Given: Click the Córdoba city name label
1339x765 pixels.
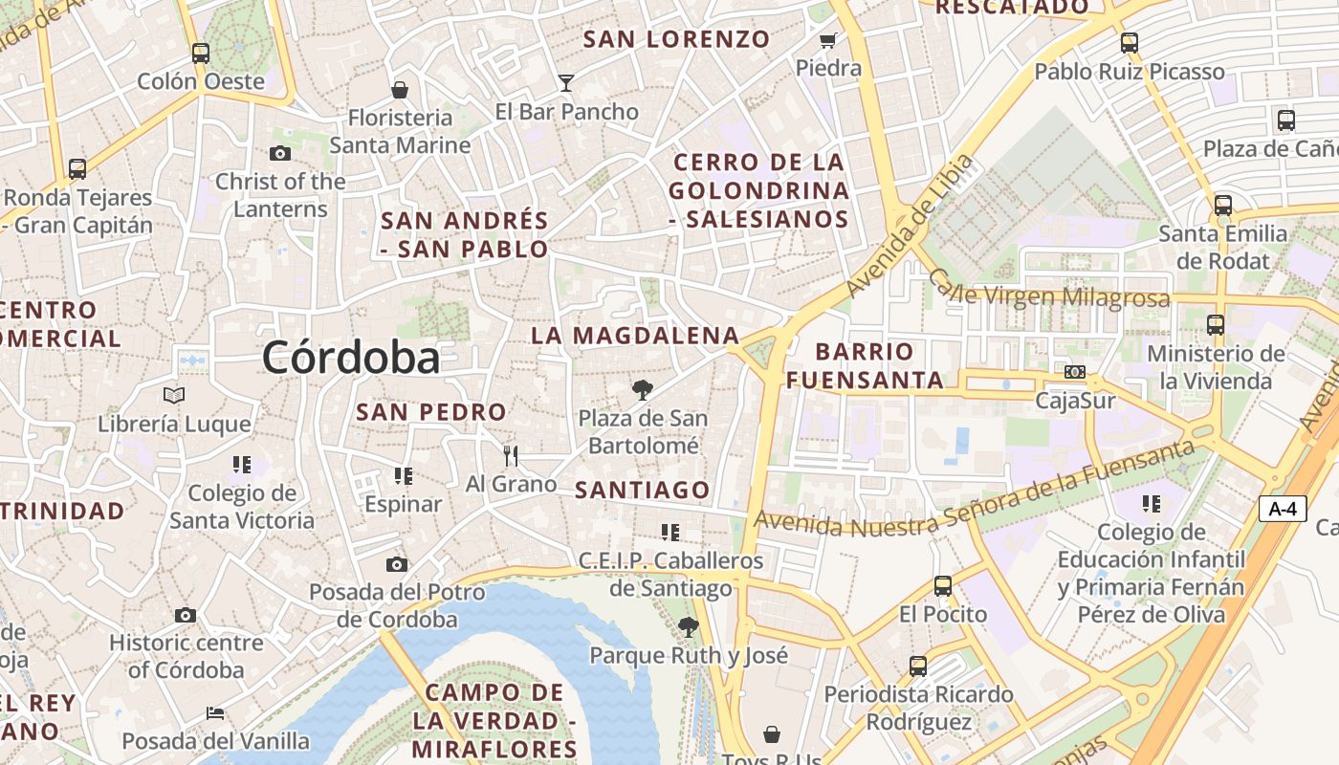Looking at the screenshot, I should click(351, 358).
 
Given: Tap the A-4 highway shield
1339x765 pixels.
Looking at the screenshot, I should click(1282, 509).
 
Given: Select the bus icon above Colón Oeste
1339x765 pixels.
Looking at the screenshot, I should click(200, 53).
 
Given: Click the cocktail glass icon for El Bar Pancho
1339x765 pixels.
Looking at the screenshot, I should click(566, 83).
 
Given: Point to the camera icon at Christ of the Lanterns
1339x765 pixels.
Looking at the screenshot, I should click(280, 153).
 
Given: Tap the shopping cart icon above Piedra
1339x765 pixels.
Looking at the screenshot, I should click(828, 40).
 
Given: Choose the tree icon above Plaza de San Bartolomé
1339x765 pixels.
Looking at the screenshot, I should click(642, 390).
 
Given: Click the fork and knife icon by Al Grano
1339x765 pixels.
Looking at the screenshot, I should click(511, 455).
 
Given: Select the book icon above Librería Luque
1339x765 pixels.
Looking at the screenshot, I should click(174, 395).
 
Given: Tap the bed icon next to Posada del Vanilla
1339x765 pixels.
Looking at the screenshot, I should click(215, 713).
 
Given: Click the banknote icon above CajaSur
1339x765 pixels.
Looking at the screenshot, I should click(1075, 372).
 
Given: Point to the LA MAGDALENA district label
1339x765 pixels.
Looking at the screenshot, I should click(635, 336).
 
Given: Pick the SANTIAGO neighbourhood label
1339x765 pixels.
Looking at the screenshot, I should click(643, 491).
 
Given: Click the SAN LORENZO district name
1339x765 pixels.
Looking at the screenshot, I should click(676, 39).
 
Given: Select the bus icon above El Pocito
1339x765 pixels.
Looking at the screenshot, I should click(943, 585).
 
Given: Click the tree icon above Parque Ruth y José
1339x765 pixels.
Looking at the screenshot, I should click(688, 627).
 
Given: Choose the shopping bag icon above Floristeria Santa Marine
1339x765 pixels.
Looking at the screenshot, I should click(400, 90).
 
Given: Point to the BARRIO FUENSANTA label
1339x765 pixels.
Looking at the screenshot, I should click(865, 365).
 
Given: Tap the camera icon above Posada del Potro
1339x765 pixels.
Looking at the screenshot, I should click(397, 564).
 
